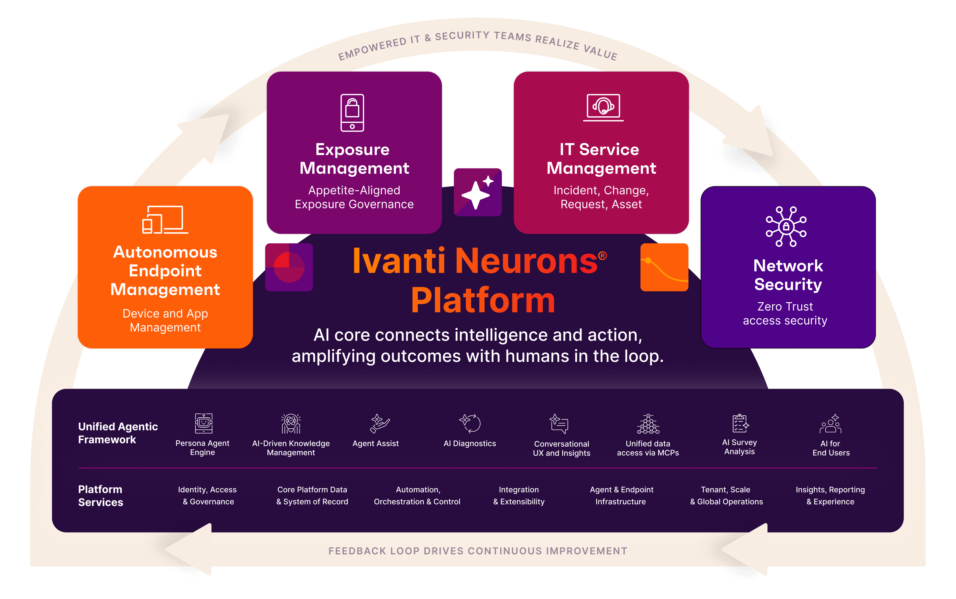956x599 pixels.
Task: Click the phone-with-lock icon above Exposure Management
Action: (x=352, y=113)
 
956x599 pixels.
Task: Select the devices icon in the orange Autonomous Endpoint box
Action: (x=165, y=220)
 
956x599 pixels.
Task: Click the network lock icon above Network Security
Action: (x=786, y=227)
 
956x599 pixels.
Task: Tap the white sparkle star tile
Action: (x=478, y=192)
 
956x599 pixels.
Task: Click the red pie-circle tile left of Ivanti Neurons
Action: (x=289, y=267)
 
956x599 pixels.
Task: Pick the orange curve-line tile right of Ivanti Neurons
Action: (x=664, y=267)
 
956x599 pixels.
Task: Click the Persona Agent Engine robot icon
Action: (x=204, y=423)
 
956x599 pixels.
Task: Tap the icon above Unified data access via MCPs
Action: (x=648, y=424)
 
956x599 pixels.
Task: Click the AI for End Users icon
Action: (x=831, y=424)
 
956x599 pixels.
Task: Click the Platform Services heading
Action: (x=101, y=496)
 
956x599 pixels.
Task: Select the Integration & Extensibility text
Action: (x=519, y=496)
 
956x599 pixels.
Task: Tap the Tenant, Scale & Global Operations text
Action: (x=726, y=496)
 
